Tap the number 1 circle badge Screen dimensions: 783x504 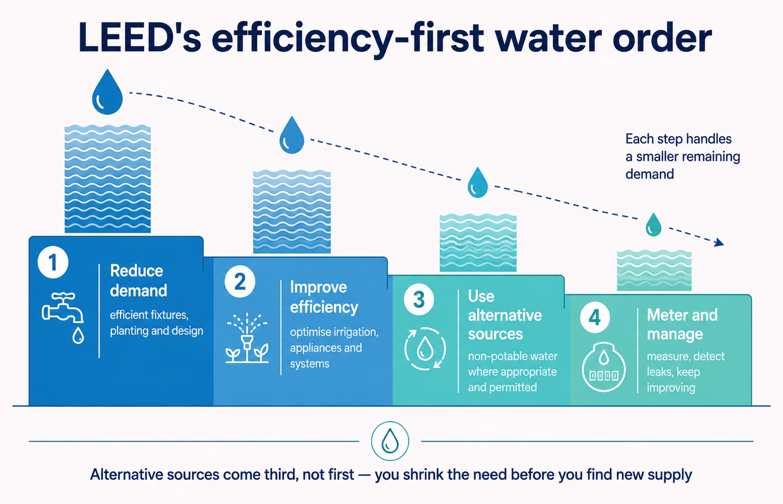53,263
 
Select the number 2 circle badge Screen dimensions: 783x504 240,282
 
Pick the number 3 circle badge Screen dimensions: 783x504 419,300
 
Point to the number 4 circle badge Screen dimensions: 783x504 595,317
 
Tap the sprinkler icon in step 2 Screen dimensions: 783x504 247,338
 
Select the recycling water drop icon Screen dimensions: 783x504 425,349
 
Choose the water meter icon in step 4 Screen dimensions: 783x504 604,367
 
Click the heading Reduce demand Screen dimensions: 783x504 138,281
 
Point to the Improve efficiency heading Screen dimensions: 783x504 324,297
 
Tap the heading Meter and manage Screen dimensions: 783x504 682,324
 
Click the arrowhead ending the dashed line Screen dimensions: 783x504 719,242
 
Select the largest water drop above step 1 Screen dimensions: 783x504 107,92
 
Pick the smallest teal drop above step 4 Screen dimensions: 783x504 653,225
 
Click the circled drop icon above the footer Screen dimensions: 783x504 390,441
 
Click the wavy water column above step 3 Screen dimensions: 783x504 478,242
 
